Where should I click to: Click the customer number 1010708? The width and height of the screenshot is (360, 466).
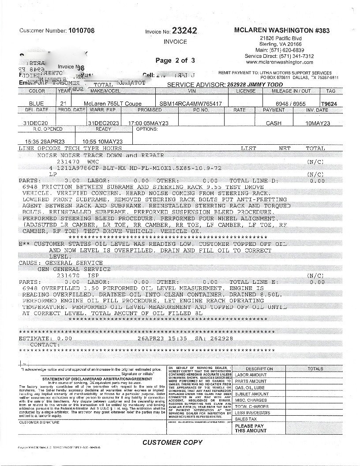(x=81, y=30)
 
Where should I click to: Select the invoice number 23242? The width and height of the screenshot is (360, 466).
(x=184, y=30)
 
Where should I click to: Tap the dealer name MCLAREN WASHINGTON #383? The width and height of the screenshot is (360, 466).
(x=281, y=30)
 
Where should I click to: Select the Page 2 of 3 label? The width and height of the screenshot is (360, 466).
(x=175, y=60)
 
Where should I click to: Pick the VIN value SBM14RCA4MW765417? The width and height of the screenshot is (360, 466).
(x=191, y=104)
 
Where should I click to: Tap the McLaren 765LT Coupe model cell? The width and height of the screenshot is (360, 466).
(x=113, y=104)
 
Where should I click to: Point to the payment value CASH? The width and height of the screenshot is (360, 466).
(x=274, y=124)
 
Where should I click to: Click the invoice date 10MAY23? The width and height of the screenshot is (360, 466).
(x=317, y=124)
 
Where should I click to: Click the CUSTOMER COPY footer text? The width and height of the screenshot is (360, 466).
(x=172, y=442)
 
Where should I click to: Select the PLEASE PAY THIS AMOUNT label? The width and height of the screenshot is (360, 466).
(x=251, y=428)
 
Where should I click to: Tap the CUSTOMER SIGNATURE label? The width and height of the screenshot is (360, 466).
(x=39, y=422)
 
